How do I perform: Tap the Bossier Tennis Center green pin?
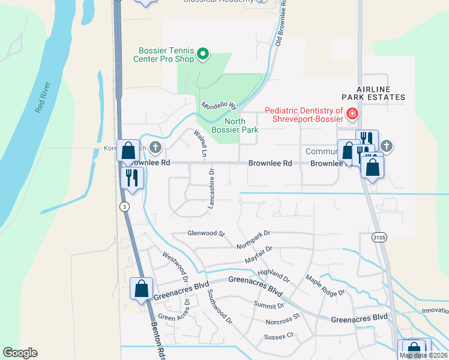(x=203, y=55)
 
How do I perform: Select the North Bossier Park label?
(x=235, y=125)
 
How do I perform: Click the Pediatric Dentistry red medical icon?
(x=352, y=113)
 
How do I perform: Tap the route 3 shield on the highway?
(x=124, y=206)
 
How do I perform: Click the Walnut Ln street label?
(x=199, y=143)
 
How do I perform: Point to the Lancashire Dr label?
(x=211, y=188)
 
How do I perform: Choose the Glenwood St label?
(x=205, y=233)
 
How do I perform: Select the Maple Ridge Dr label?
(x=325, y=284)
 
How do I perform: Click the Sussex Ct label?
(x=279, y=336)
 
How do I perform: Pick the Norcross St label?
(x=282, y=319)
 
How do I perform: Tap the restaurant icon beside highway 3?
(x=131, y=178)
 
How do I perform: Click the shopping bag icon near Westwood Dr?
(x=140, y=288)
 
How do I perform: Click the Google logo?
(x=20, y=353)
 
